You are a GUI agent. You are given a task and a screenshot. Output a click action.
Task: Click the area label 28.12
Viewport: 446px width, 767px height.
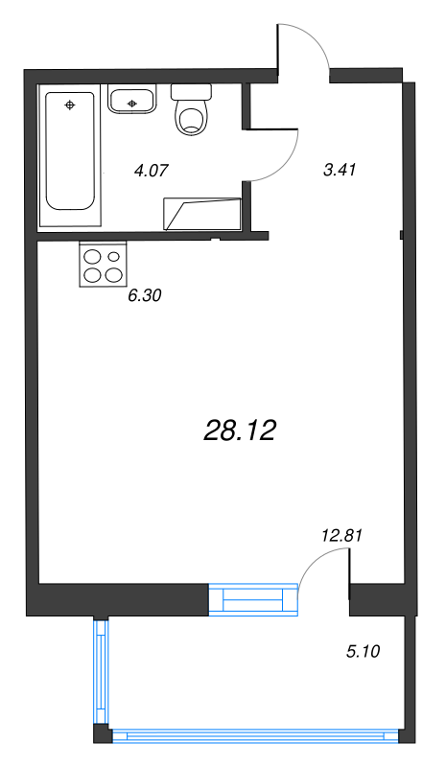coord(240,431)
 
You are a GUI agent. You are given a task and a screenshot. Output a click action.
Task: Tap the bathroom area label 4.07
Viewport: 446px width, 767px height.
coord(152,172)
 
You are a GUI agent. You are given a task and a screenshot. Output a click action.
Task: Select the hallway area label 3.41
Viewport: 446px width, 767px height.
coord(340,171)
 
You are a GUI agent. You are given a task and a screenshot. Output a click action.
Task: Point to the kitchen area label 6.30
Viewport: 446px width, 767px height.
coord(144,295)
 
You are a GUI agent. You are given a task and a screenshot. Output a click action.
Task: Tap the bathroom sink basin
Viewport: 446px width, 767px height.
coord(131,99)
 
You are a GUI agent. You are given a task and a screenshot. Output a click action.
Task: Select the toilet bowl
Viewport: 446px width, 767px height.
coord(191,119)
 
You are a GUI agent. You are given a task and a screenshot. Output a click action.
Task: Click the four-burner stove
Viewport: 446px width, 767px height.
coord(103,265)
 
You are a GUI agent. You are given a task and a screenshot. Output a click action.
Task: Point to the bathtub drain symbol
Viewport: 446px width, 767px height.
coord(70,104)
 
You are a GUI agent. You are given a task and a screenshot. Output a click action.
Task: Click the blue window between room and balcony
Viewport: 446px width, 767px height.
coord(253,599)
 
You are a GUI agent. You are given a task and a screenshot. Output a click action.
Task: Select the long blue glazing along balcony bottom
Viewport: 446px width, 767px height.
coord(255,736)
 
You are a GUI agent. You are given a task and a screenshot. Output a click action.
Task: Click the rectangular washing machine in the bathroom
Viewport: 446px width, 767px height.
coord(201,213)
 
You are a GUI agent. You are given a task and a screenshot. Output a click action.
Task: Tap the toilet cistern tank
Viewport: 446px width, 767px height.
coord(191,92)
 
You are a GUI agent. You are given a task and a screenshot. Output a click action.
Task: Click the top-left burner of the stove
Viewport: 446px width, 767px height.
coord(93,256)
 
